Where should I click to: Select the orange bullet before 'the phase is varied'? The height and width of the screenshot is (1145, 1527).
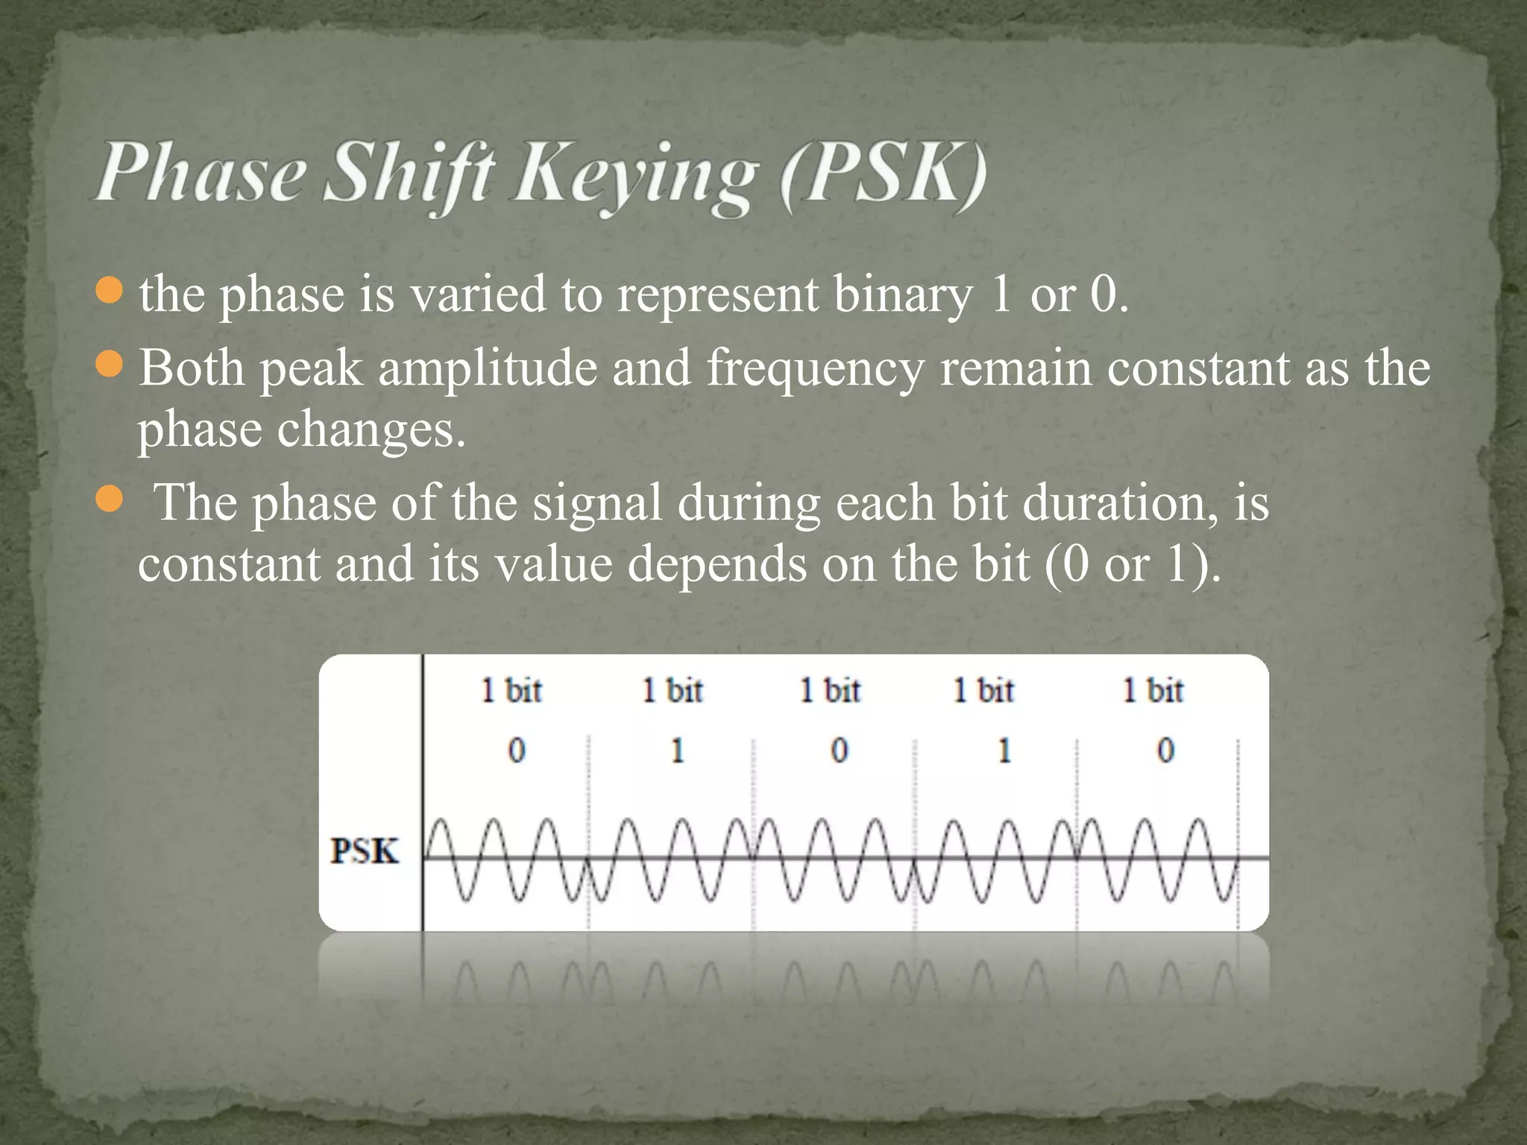click(109, 291)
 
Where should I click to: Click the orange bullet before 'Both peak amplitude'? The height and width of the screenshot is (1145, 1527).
click(109, 365)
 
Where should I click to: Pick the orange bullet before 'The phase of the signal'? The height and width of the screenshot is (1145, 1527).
click(109, 500)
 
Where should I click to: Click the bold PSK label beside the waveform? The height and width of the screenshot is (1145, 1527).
click(365, 851)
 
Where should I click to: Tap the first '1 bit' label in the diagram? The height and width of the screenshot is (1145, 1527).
click(511, 690)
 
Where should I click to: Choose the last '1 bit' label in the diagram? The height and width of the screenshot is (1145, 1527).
click(1153, 690)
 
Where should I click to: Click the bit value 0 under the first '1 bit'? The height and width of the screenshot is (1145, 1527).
click(517, 750)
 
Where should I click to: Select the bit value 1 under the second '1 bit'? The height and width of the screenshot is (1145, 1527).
click(678, 750)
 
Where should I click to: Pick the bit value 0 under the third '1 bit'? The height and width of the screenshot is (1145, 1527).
click(839, 750)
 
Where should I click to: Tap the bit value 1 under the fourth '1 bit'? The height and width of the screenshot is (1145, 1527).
click(1004, 750)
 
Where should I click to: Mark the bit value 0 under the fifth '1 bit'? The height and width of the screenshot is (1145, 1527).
click(1165, 750)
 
